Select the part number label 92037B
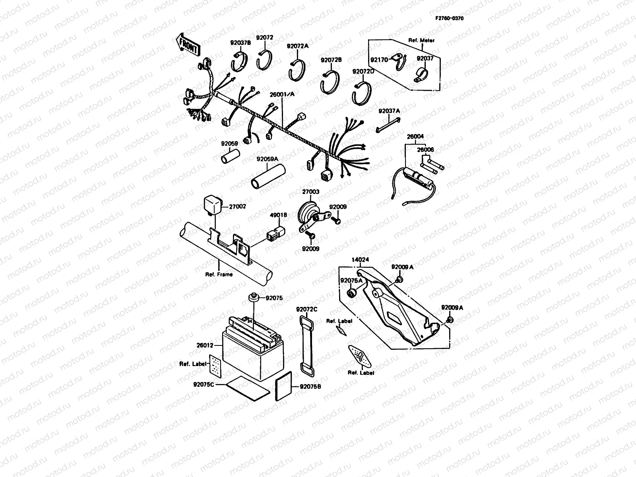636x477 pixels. pyautogui.click(x=240, y=43)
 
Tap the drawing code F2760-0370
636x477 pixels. pyautogui.click(x=449, y=18)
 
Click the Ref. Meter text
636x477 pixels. pyautogui.click(x=421, y=40)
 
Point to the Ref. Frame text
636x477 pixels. pyautogui.click(x=219, y=274)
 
